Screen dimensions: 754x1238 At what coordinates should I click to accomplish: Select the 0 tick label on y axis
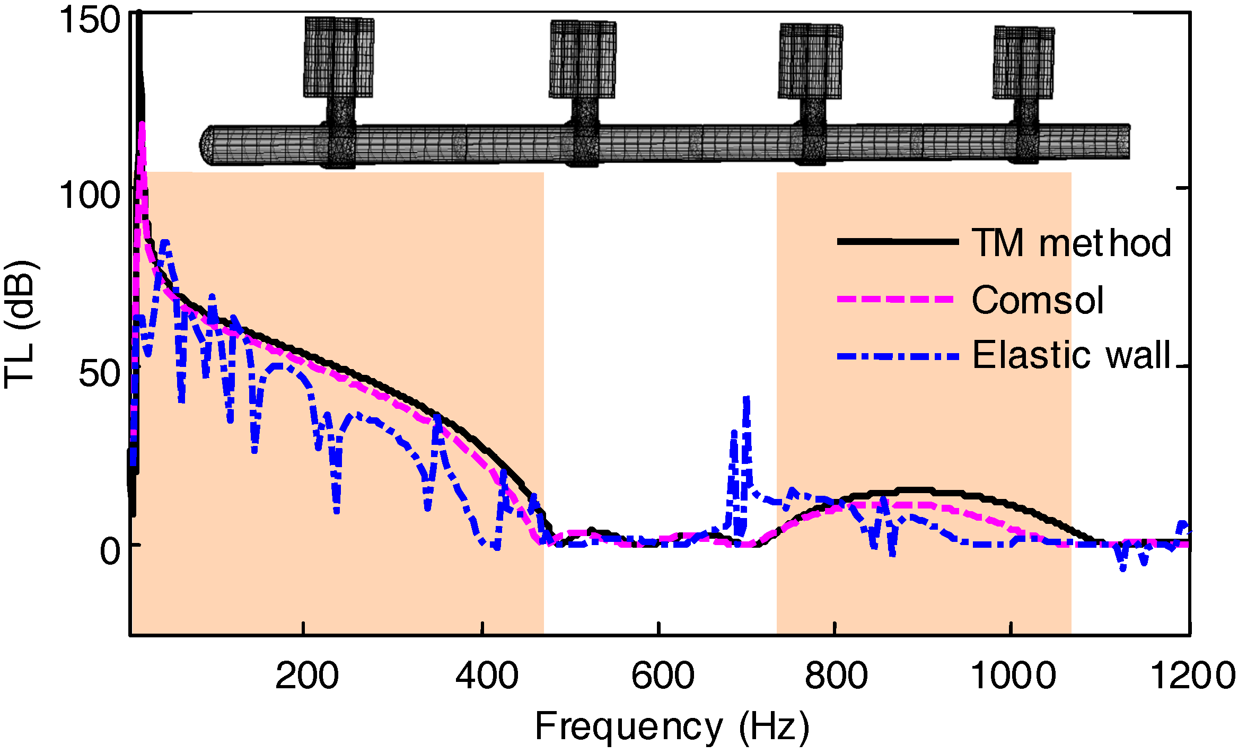click(110, 551)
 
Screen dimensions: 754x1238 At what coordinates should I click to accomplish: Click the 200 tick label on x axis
click(306, 676)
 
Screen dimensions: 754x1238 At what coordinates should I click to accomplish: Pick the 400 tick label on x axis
click(487, 676)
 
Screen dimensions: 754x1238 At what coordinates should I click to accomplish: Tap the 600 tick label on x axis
click(662, 676)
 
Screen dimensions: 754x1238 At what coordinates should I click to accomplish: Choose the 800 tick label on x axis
click(836, 676)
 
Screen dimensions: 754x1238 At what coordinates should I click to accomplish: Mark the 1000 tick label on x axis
click(1013, 676)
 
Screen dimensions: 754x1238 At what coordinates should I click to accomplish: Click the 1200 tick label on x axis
click(1192, 676)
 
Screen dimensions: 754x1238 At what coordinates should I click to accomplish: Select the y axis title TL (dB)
click(20, 324)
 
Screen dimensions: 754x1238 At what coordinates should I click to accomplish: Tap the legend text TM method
click(1071, 243)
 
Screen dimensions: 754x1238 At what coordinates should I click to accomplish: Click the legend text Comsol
click(1037, 300)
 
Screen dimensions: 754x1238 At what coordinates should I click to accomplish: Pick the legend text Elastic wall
click(1071, 355)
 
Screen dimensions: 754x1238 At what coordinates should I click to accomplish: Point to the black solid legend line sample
click(898, 241)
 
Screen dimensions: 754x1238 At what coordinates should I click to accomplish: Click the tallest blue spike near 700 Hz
click(747, 399)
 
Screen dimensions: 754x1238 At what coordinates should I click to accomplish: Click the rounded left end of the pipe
click(208, 144)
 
